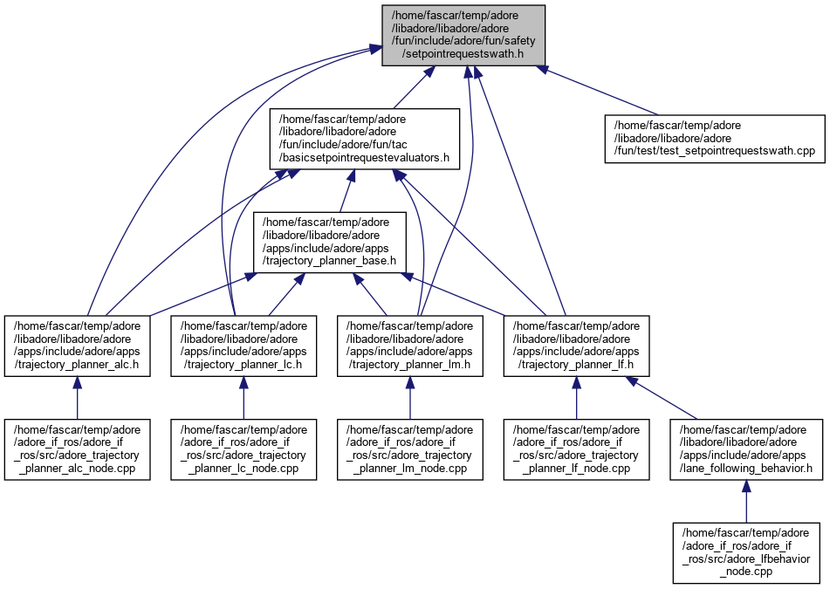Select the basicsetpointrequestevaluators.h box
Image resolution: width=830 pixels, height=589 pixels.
point(364,139)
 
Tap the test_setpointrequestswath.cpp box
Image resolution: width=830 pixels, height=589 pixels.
point(714,139)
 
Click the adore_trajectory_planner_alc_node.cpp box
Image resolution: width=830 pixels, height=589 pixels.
point(77,449)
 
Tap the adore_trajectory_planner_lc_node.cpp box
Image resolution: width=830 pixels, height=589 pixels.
point(244,449)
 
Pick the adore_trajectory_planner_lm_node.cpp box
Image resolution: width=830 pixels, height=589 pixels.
point(409,449)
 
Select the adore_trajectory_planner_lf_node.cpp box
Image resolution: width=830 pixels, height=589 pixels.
point(576,449)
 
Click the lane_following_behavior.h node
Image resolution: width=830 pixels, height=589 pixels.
point(745,449)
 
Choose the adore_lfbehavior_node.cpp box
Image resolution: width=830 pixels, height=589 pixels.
point(745,552)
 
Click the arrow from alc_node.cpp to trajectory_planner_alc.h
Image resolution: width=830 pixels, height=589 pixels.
point(77,399)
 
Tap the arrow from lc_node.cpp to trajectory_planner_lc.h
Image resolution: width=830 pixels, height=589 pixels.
point(244,399)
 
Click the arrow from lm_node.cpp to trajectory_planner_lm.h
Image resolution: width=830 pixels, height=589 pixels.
point(409,399)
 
